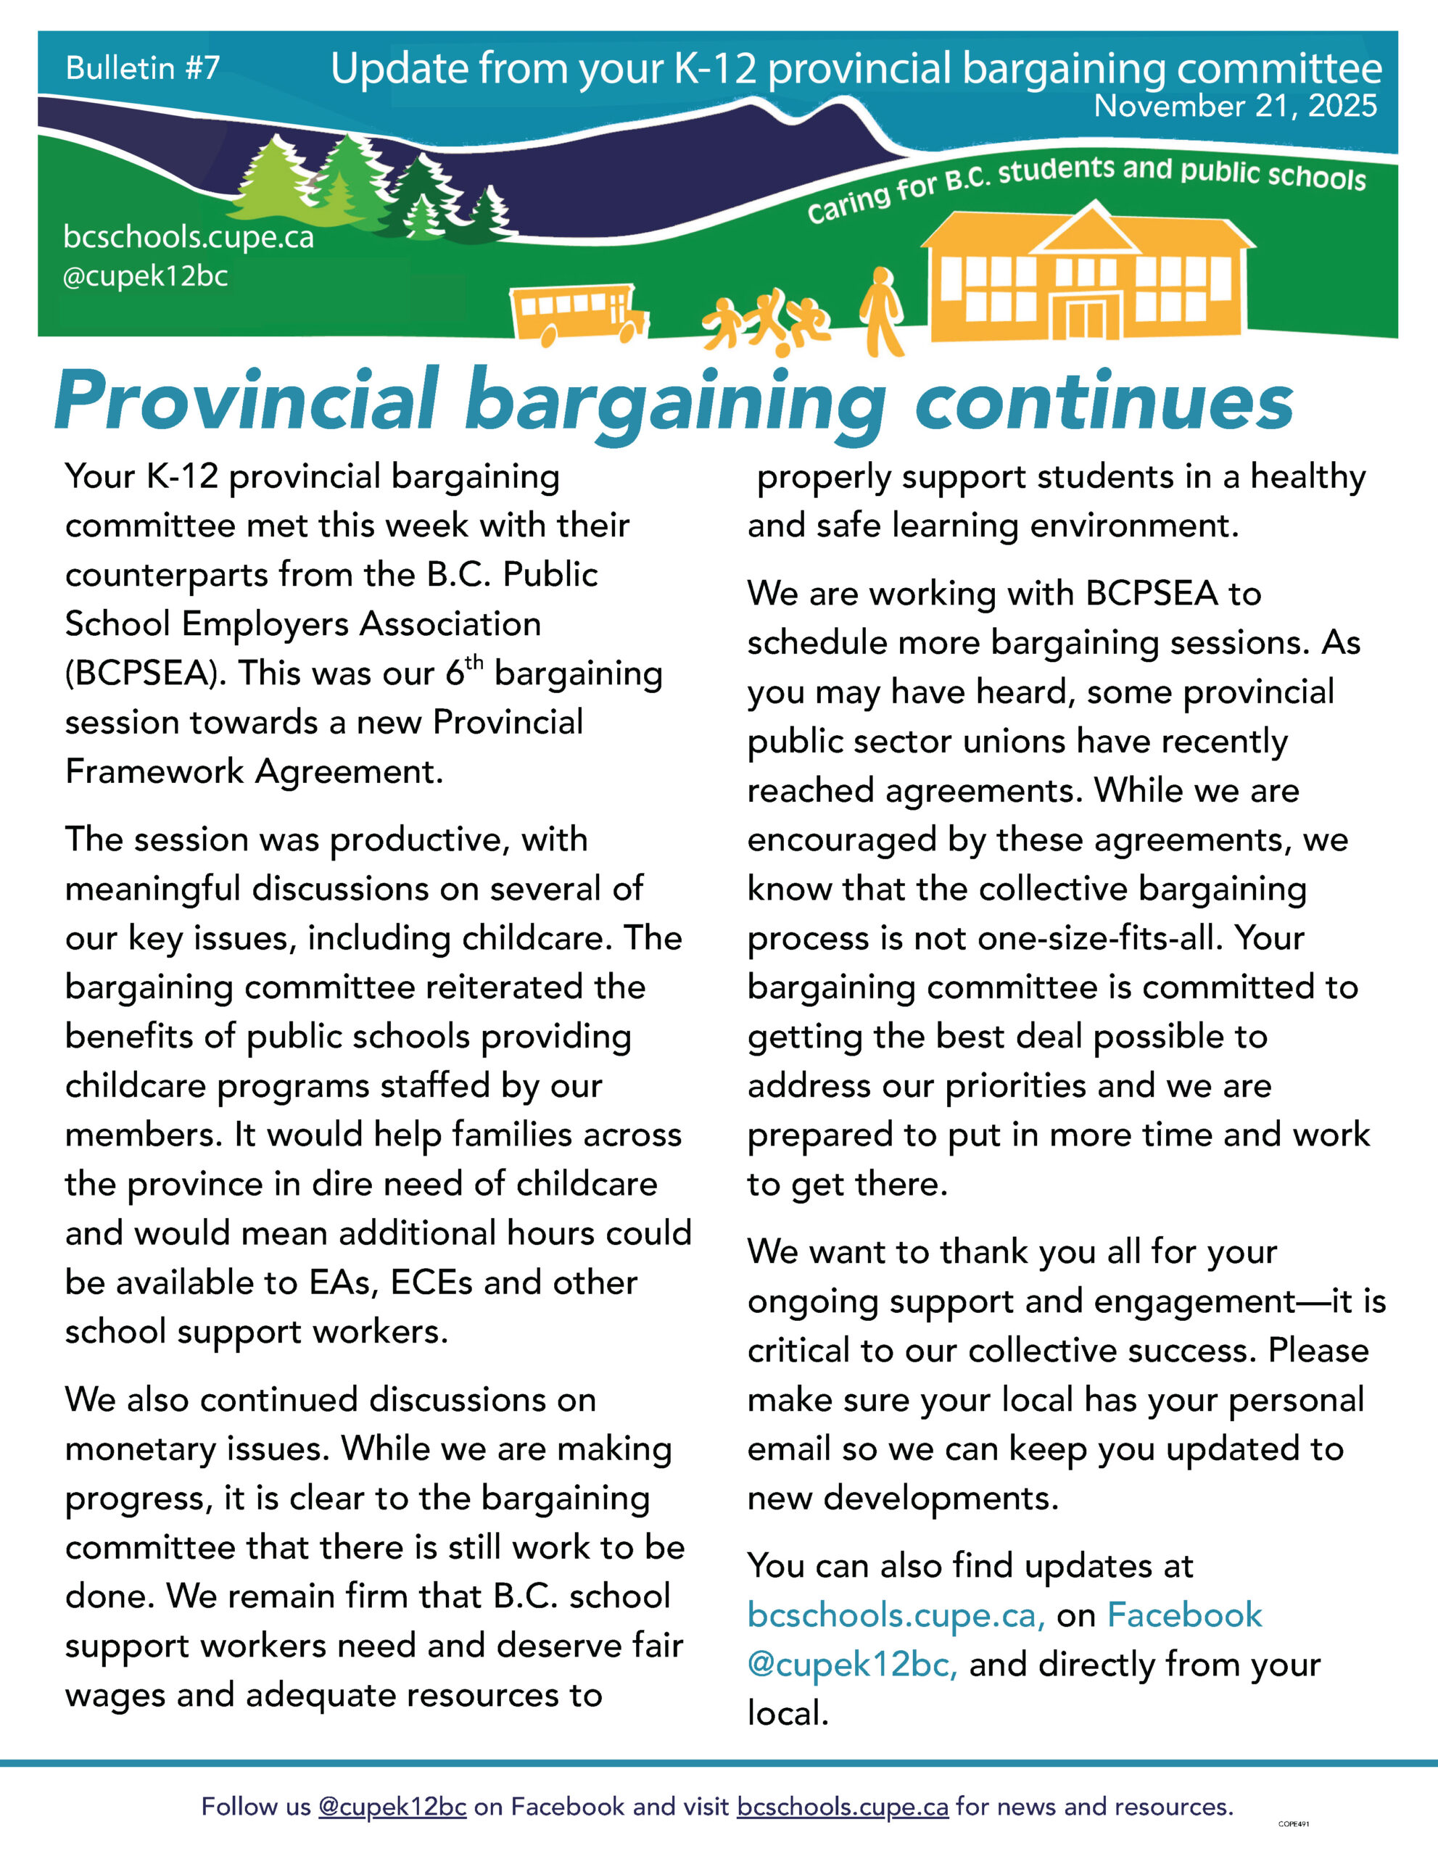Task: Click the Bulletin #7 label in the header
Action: click(143, 68)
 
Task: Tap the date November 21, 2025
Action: click(1235, 107)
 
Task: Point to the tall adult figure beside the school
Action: click(881, 310)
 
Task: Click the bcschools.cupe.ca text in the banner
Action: click(189, 237)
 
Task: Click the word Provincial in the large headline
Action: click(247, 401)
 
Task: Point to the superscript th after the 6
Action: click(474, 661)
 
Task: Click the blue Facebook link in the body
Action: click(1184, 1615)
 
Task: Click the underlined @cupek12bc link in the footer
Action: click(392, 1807)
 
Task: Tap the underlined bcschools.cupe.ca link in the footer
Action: click(842, 1807)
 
